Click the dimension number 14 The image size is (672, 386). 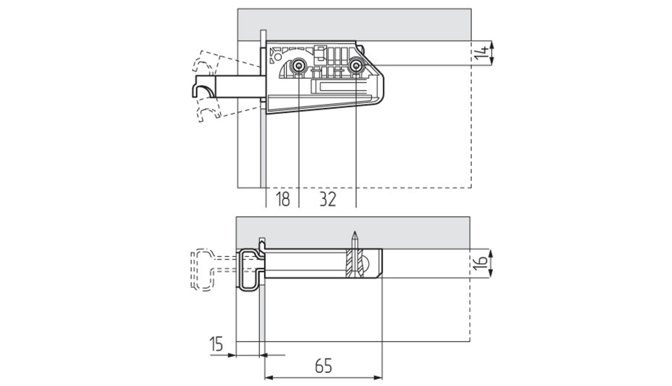coord(482,53)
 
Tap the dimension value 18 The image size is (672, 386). coord(283,199)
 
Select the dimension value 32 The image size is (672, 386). coord(328,199)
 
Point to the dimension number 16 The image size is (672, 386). coord(482,263)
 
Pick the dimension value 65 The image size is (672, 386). coord(323,367)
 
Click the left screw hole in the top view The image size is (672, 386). coord(298,66)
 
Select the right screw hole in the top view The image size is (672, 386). coord(356,66)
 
